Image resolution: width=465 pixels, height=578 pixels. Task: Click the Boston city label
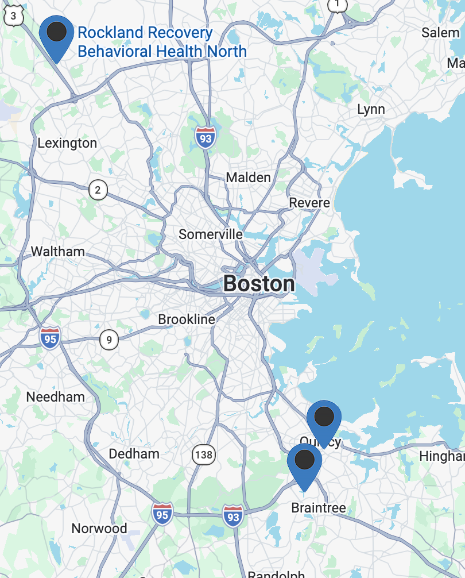pos(259,284)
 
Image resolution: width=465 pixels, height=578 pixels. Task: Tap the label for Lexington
pos(67,143)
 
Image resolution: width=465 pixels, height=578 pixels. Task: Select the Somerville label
pos(210,234)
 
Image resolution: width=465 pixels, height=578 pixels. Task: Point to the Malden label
pos(248,178)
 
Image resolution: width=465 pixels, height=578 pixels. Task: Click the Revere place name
pos(309,203)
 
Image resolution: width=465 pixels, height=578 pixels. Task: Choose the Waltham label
pos(57,252)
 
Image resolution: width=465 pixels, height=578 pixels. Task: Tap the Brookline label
pos(187,319)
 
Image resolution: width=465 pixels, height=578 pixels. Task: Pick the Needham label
pos(55,397)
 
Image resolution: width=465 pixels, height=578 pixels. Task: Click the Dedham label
pos(134,454)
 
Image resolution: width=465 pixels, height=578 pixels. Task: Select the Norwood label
pos(99,529)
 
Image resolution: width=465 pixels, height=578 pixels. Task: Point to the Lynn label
pos(371,109)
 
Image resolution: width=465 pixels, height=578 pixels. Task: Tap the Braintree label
pos(319,508)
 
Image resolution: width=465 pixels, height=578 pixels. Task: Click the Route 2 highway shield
pos(98,190)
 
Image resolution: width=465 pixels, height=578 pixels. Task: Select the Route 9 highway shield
pos(108,340)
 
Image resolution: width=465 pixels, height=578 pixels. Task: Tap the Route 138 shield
pos(203,456)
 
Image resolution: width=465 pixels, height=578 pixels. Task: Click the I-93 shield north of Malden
pos(205,138)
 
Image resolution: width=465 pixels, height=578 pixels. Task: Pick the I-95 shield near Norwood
pos(162,515)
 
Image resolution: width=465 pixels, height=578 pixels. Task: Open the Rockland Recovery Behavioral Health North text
pos(162,42)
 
